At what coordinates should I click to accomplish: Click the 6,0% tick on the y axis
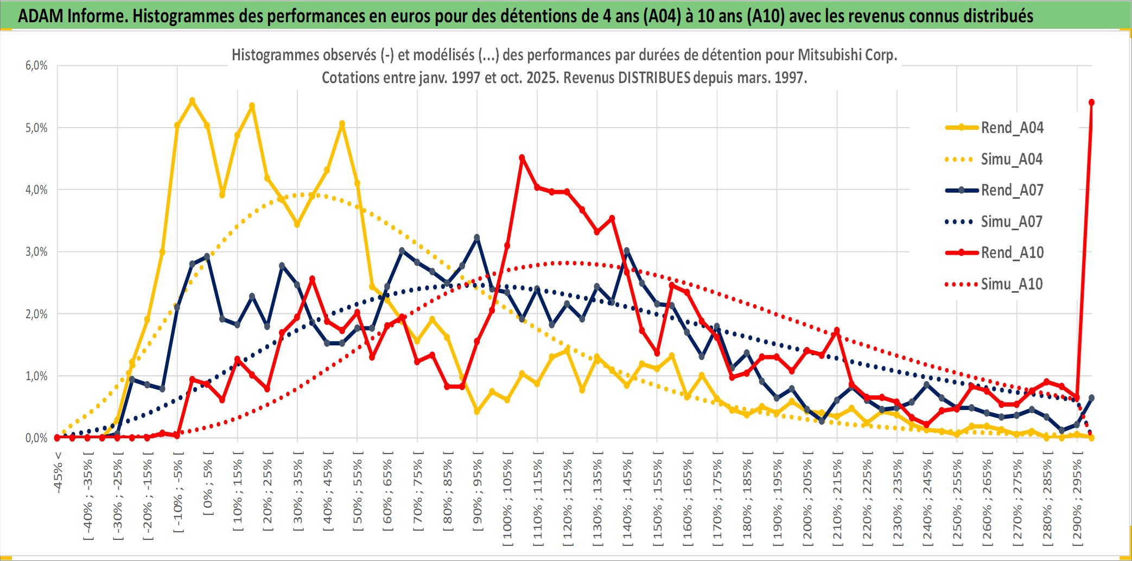point(36,66)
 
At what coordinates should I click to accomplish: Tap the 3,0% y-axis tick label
point(36,252)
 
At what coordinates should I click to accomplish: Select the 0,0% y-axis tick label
point(36,438)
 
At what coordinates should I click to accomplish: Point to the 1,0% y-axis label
point(36,376)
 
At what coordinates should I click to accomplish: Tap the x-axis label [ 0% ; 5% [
point(208,483)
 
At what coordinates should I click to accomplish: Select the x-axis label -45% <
point(58,472)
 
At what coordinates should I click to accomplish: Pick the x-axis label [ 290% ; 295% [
point(1077,500)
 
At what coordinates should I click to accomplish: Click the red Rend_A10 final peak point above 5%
point(1091,102)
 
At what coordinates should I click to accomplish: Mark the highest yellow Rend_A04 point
point(192,100)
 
